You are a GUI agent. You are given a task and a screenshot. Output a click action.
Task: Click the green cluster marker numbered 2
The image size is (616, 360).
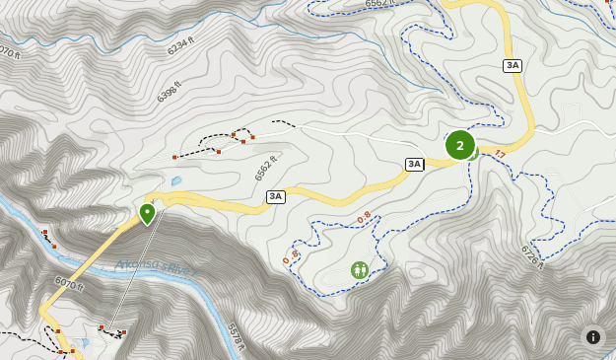(x=460, y=145)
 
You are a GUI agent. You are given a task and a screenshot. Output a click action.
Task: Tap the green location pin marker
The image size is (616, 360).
(x=147, y=213)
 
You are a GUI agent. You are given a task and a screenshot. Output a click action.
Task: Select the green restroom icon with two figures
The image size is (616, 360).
(x=360, y=269)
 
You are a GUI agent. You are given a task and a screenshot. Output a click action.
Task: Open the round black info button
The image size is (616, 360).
(x=593, y=336)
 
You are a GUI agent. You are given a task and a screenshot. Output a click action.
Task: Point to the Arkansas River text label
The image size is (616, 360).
(x=154, y=265)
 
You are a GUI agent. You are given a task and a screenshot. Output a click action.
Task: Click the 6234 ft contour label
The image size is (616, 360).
(x=180, y=46)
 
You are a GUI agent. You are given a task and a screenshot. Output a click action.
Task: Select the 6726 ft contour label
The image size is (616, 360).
(x=531, y=256)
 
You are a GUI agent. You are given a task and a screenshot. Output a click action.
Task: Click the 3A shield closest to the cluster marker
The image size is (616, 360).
(x=414, y=164)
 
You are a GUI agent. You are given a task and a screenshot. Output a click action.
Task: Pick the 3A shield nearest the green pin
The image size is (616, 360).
(x=275, y=196)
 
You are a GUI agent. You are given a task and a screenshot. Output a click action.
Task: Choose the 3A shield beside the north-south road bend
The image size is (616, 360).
(x=512, y=65)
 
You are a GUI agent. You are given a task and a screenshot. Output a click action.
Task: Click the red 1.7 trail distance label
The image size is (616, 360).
(x=500, y=154)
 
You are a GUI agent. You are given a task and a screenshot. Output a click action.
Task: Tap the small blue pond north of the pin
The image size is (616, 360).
(x=176, y=181)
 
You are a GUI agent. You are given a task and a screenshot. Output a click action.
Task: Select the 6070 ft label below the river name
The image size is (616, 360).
(x=69, y=284)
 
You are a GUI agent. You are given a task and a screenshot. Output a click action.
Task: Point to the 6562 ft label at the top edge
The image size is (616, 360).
(x=379, y=4)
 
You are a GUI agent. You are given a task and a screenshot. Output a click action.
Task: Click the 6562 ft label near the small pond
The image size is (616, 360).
(x=265, y=168)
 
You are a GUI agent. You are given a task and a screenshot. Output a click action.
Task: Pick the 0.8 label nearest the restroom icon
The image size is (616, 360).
(x=365, y=217)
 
